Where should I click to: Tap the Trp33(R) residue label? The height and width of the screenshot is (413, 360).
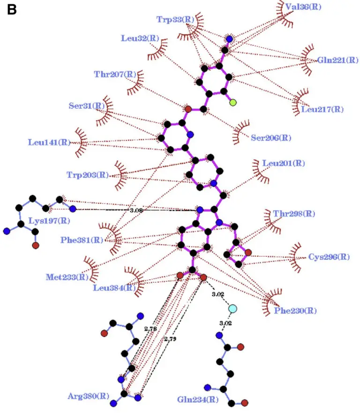(x=175, y=19)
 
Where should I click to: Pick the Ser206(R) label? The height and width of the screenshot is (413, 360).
(x=270, y=138)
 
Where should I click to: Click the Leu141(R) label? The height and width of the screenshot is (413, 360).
(x=49, y=142)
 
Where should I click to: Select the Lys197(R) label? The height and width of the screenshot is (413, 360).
(x=49, y=220)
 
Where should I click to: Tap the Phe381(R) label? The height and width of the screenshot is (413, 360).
(x=82, y=240)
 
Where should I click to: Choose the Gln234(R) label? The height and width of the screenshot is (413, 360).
(x=197, y=400)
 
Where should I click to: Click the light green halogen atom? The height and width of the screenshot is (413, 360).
(x=233, y=102)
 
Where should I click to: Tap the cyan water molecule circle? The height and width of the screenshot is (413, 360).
(x=232, y=308)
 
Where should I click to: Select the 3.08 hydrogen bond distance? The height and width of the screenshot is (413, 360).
(x=136, y=210)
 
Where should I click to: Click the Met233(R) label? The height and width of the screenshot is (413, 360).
(x=67, y=277)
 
